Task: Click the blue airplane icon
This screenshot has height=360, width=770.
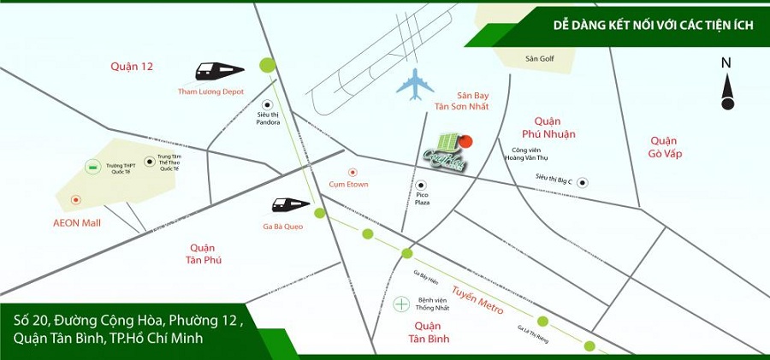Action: [417, 84]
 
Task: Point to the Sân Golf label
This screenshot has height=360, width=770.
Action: [541, 59]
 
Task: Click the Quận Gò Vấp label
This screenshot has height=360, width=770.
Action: [664, 147]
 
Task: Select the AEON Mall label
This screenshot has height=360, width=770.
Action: [77, 222]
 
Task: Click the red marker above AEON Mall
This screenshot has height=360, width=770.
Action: [76, 199]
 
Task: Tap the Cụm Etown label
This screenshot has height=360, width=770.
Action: [347, 183]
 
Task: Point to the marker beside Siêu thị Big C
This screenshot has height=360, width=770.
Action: [582, 181]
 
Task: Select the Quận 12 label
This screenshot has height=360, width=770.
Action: [132, 65]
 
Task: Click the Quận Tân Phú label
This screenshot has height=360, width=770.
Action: [203, 253]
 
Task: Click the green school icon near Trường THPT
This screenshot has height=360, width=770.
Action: [92, 165]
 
